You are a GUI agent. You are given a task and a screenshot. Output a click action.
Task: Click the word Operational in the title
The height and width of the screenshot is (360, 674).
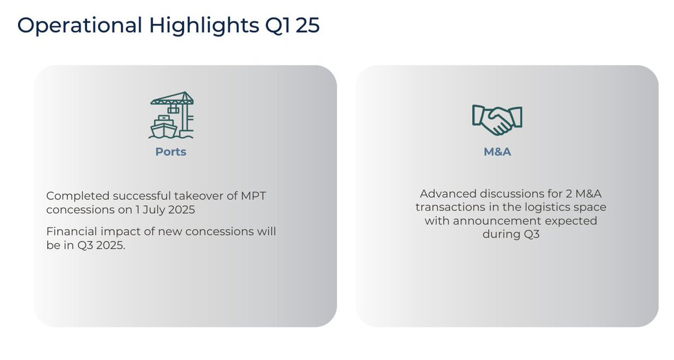79,26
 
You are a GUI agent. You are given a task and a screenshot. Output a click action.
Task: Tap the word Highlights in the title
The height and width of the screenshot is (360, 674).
204,26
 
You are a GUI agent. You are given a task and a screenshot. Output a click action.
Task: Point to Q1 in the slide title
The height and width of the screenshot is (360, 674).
277,26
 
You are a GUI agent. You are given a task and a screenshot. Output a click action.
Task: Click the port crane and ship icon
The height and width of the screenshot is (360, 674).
171,115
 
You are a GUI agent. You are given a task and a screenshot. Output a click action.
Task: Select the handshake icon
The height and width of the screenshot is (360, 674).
497,120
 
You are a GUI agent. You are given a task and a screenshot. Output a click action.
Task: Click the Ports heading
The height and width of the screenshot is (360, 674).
171,152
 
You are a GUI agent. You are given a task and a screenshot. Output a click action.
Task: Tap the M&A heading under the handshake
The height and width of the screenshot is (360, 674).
497,152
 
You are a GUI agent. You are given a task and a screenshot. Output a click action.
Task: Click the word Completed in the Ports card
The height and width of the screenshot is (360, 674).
78,196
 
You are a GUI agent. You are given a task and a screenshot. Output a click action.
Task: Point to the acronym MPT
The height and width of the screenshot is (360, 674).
253,196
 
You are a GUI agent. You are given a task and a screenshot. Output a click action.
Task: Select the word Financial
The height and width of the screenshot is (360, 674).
72,231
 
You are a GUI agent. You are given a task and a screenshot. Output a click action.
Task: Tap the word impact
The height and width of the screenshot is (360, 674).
120,232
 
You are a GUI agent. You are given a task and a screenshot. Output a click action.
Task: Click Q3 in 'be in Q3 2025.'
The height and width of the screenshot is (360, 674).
85,245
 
